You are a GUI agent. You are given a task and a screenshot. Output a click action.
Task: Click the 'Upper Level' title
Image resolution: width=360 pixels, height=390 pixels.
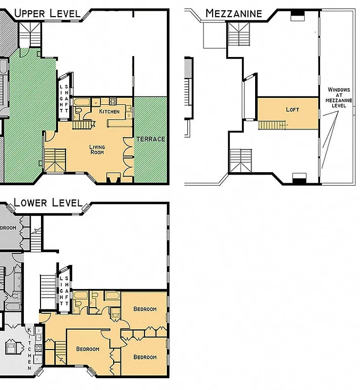tap(47, 13)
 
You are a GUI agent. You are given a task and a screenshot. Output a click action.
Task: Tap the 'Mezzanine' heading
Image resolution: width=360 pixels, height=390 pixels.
tap(234, 13)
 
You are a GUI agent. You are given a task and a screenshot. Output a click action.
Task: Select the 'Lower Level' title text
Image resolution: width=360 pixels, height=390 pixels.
tap(47, 202)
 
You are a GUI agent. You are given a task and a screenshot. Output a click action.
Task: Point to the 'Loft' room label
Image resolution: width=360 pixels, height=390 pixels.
tap(293, 110)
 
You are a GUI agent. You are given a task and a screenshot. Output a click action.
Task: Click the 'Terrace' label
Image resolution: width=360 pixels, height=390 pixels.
tap(150, 139)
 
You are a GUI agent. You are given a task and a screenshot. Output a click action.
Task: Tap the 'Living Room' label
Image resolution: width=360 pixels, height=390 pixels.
tap(97, 149)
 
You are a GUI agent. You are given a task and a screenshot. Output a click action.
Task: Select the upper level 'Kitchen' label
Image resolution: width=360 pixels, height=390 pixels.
tap(109, 112)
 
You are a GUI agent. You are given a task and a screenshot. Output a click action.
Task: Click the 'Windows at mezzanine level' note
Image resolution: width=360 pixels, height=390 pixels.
tap(339, 97)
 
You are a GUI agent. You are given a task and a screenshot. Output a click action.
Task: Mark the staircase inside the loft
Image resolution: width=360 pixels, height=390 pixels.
tap(270, 125)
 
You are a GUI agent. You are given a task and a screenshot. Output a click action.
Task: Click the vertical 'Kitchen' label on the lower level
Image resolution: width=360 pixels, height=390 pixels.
tap(30, 347)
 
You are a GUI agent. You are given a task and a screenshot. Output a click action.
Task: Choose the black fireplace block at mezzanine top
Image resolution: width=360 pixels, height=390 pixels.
tap(297, 17)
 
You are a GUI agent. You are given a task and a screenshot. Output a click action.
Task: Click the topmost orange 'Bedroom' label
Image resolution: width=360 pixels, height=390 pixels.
tap(145, 309)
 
